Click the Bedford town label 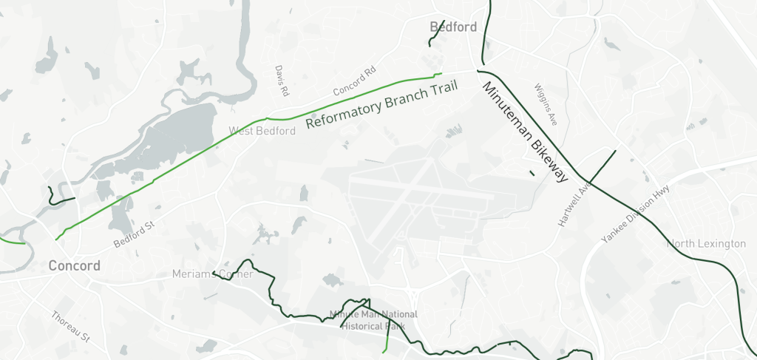point(453,27)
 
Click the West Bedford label point(262,132)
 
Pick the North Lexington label point(706,244)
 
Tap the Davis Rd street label point(282,81)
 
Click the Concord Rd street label point(355,81)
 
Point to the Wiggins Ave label point(546,103)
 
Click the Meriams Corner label point(213,275)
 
